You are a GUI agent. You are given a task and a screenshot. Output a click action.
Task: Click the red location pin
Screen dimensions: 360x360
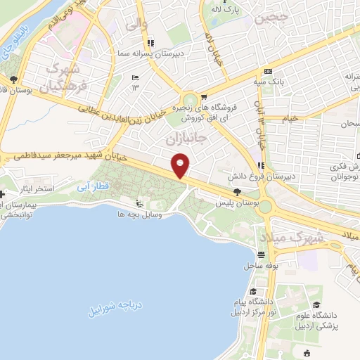pos(181,166)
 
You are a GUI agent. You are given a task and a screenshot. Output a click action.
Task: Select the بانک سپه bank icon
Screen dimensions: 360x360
pos(268,71)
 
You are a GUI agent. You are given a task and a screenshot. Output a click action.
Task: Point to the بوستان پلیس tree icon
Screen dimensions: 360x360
pos(237,191)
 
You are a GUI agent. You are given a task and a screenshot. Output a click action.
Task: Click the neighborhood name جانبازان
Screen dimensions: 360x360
pos(189,139)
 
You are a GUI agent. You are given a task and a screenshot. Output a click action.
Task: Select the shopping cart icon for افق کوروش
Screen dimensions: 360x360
pos(203,98)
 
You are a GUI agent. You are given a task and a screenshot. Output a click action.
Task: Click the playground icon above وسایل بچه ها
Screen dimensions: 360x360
pos(139,205)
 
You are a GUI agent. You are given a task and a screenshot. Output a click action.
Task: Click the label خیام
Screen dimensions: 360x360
pos(289,117)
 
